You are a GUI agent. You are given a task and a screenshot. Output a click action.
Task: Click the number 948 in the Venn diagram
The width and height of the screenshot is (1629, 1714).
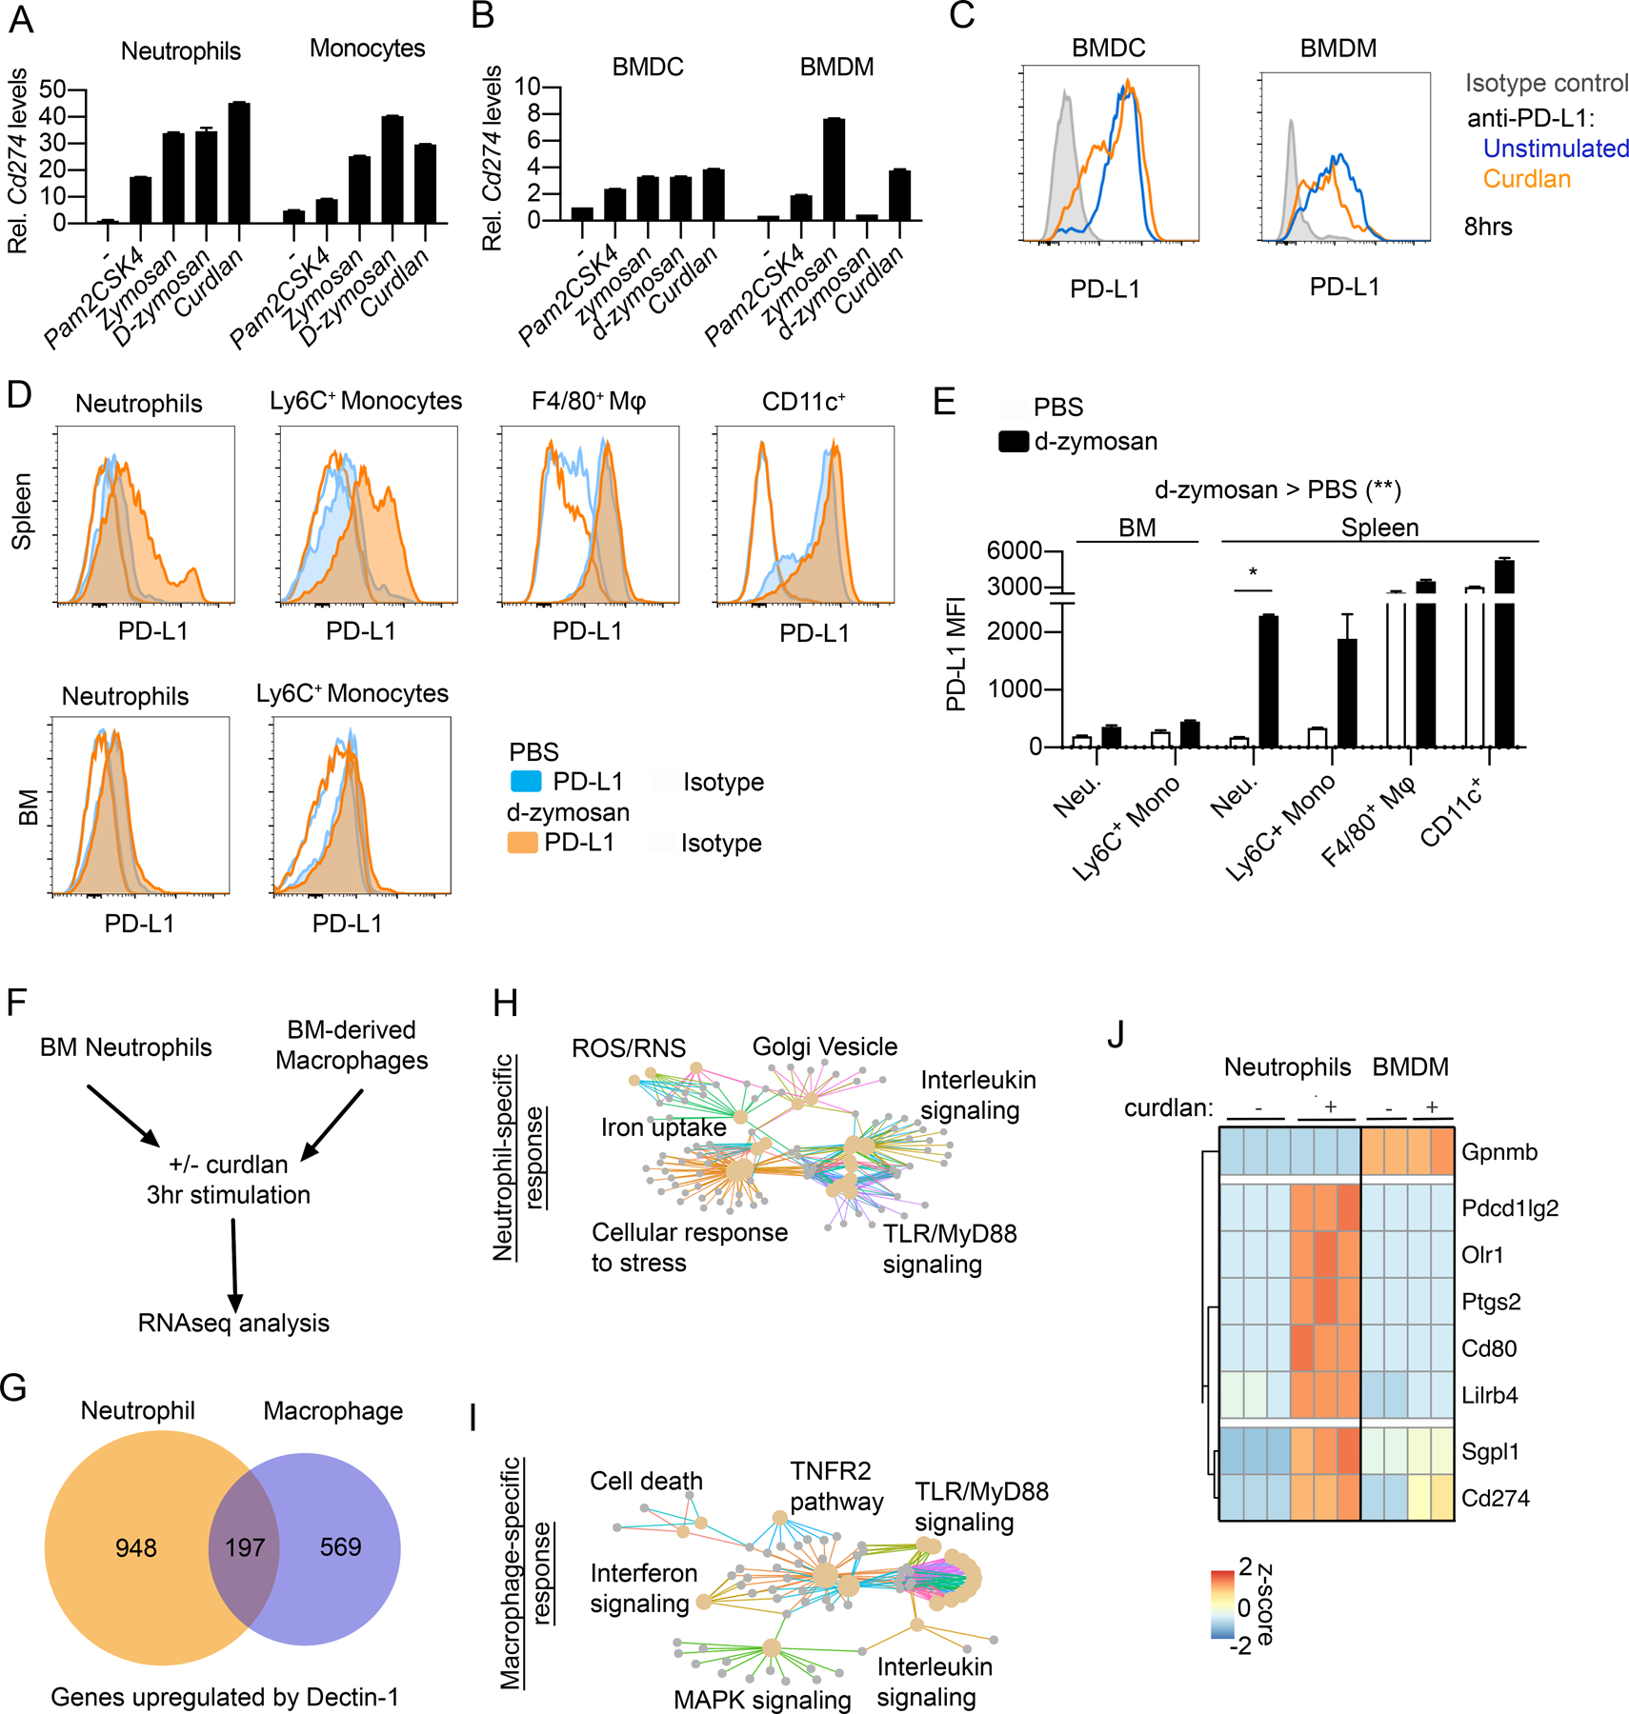pos(136,1547)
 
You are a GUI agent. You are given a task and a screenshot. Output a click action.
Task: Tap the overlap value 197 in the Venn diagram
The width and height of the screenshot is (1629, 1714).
pos(245,1547)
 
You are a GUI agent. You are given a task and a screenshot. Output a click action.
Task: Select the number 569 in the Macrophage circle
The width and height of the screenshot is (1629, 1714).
pos(340,1546)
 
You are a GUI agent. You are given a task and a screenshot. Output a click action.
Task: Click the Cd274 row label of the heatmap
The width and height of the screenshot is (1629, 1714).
pos(1495,1498)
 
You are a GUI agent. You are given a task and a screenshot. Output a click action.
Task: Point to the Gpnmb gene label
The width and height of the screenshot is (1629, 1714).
pos(1499,1152)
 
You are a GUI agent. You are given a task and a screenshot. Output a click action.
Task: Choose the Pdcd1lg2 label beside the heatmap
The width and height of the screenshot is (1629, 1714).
pos(1510,1208)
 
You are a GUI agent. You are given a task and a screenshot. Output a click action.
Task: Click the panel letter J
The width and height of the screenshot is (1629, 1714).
pos(1116,1034)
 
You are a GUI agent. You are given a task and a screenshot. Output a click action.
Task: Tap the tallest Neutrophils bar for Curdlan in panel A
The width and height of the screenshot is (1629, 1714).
pos(239,163)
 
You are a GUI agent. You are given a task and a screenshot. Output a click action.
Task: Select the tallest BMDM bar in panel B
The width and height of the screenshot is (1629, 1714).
pos(834,169)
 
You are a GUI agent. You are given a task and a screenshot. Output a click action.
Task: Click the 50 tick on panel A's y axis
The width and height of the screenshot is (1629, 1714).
pos(52,90)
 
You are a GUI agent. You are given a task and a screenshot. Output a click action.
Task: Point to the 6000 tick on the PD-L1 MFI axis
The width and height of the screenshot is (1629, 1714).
pos(1014,550)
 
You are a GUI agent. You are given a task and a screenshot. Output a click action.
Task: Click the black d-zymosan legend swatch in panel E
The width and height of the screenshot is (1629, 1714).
pos(1014,442)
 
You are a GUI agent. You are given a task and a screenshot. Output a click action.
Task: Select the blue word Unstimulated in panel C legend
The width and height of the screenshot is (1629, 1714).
pos(1556,149)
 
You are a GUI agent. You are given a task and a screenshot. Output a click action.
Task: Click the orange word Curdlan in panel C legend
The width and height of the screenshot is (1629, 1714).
pos(1526,179)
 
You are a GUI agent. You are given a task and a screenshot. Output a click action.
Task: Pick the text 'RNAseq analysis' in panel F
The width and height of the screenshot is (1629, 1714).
pos(233,1323)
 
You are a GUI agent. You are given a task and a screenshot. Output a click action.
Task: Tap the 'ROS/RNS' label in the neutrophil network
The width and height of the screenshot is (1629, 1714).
pos(629,1048)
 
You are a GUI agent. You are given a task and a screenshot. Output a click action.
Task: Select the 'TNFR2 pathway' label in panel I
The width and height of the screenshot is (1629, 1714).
pos(835,1486)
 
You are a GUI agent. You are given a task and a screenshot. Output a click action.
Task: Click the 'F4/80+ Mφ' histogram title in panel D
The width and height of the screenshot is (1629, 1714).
pos(589,402)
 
